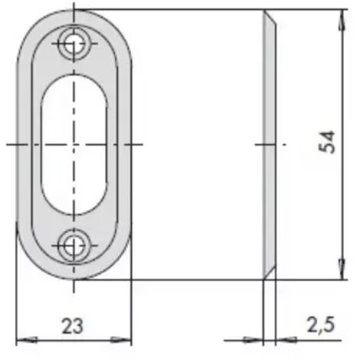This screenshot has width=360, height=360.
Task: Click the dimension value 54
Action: tap(327, 142)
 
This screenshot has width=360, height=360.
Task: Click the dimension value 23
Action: tap(73, 326)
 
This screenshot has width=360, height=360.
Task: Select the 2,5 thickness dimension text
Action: tap(321, 325)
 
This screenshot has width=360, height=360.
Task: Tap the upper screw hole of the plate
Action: tap(74, 44)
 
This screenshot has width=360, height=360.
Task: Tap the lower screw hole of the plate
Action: tap(74, 246)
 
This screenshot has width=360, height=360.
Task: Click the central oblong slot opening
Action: tap(74, 145)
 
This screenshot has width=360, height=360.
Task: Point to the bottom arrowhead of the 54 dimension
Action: tap(342, 269)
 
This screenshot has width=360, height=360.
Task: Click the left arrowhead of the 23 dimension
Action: tap(27, 340)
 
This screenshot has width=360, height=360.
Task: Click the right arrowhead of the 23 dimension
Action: tap(121, 340)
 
